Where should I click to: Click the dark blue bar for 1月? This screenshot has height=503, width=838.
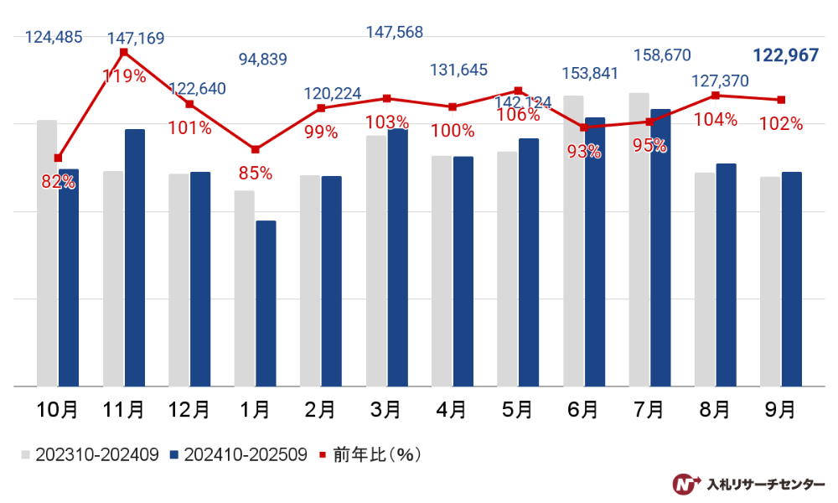(x=266, y=303)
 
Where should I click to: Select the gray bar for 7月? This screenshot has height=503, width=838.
(x=639, y=240)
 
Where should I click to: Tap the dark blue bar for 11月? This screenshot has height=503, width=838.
(x=134, y=258)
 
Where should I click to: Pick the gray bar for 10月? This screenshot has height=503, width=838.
(x=47, y=253)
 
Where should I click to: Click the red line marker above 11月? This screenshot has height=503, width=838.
(x=124, y=52)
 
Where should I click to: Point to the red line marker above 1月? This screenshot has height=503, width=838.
(x=256, y=149)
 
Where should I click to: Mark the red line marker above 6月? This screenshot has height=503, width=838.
(x=584, y=127)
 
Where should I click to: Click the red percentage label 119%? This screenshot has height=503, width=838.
(x=124, y=76)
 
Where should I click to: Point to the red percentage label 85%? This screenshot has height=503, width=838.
(x=256, y=174)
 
